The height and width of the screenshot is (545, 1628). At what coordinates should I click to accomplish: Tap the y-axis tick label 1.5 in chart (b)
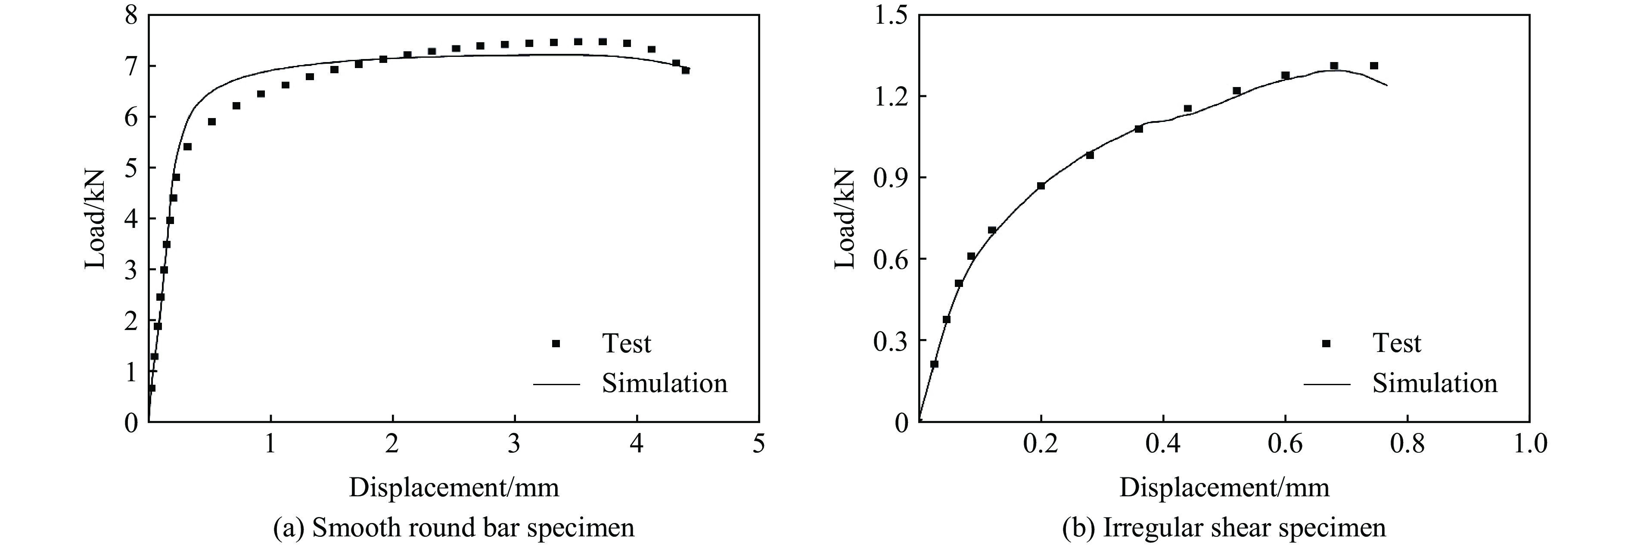[890, 15]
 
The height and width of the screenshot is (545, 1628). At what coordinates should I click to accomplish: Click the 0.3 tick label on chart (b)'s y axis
[890, 341]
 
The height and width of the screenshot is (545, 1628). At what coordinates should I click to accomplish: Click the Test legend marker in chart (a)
[556, 343]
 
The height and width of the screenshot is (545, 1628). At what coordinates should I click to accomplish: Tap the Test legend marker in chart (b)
[1327, 343]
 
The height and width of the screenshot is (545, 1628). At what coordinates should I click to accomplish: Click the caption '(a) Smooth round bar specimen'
[454, 526]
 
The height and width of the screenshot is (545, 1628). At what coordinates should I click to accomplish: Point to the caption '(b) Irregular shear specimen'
[1224, 526]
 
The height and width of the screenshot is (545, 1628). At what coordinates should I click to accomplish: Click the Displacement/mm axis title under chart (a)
[454, 487]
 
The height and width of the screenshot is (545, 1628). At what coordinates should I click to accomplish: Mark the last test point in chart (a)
[686, 70]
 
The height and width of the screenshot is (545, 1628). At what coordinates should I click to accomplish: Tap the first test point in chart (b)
[934, 364]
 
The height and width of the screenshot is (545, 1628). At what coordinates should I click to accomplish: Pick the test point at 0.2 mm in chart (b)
[1041, 186]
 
